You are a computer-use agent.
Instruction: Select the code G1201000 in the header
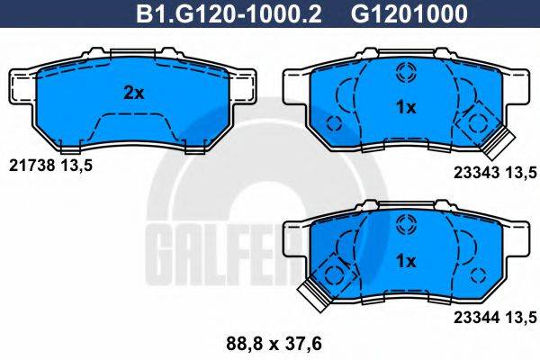tap(379, 13)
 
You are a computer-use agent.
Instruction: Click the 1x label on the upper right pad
tap(406, 108)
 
